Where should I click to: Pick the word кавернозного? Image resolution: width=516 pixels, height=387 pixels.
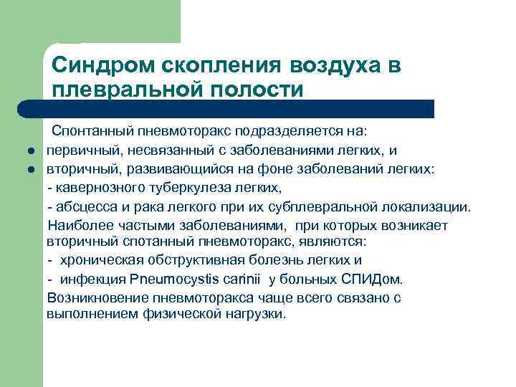pos(92,188)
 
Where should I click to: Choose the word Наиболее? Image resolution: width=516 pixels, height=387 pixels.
pos(77,225)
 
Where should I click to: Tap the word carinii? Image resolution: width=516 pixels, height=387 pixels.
pos(240,279)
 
